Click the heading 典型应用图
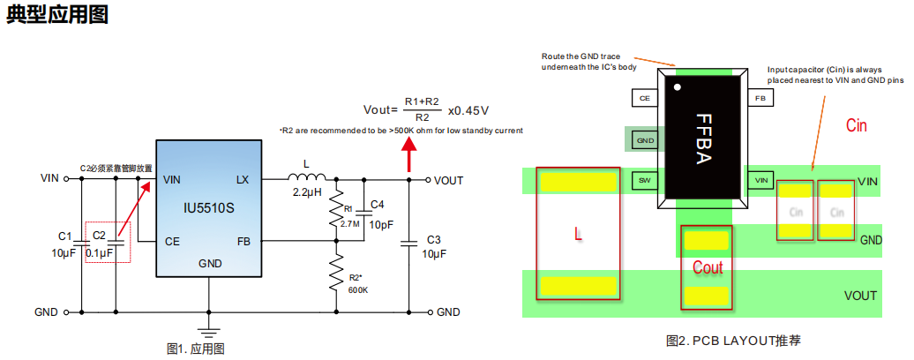pyautogui.click(x=57, y=16)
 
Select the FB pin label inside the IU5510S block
pyautogui.click(x=243, y=241)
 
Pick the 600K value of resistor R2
pyautogui.click(x=358, y=289)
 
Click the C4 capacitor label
pyautogui.click(x=377, y=205)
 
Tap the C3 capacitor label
pyautogui.click(x=433, y=240)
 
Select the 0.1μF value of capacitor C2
pyautogui.click(x=100, y=253)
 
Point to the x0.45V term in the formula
pyautogui.click(x=468, y=111)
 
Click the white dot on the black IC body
pyautogui.click(x=678, y=86)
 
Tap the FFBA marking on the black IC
pyautogui.click(x=703, y=139)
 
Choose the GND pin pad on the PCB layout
pyautogui.click(x=645, y=139)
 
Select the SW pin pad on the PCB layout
pyautogui.click(x=645, y=180)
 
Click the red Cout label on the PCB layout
pyautogui.click(x=707, y=267)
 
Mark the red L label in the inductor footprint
pyautogui.click(x=578, y=236)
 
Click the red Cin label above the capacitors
pyautogui.click(x=856, y=126)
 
